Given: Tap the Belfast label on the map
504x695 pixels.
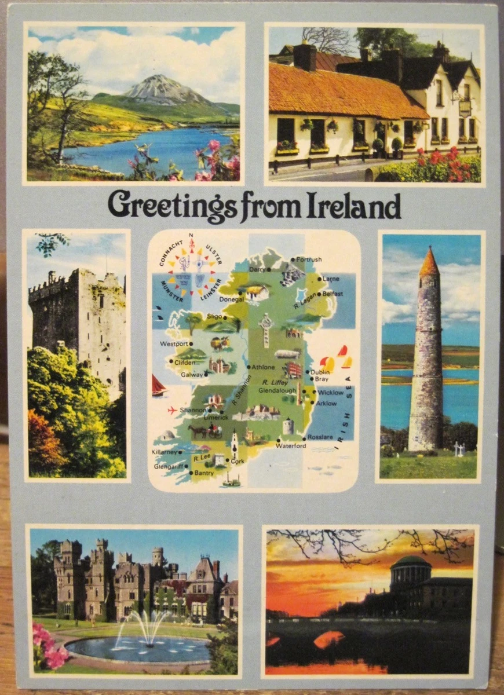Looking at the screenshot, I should [x=333, y=294].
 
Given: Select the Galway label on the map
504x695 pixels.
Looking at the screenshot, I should [x=192, y=375].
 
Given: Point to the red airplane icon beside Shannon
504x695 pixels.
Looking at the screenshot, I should [x=172, y=410].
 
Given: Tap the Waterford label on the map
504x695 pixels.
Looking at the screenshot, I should [x=291, y=446].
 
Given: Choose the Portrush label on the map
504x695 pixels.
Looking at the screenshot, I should [x=309, y=259].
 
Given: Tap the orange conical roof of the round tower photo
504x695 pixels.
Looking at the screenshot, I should [x=429, y=262].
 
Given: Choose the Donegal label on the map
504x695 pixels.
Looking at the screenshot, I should [x=231, y=299].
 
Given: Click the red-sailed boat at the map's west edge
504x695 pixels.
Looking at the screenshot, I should [x=158, y=386].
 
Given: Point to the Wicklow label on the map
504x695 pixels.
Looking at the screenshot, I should [x=331, y=392].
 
